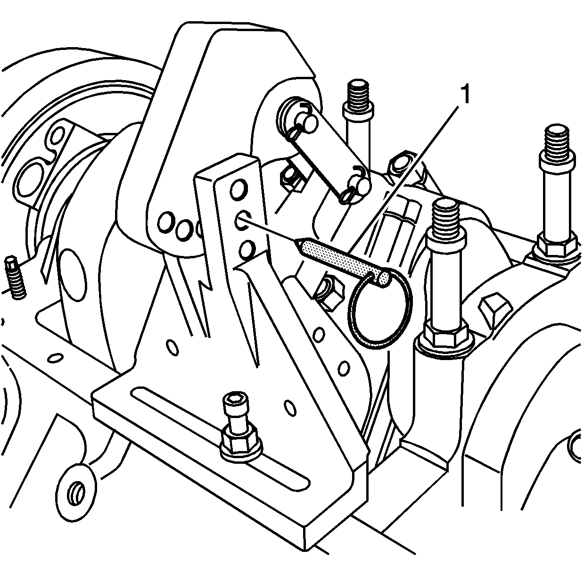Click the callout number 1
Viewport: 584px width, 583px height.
[x=465, y=94]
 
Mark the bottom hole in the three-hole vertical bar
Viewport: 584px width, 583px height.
[x=247, y=249]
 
